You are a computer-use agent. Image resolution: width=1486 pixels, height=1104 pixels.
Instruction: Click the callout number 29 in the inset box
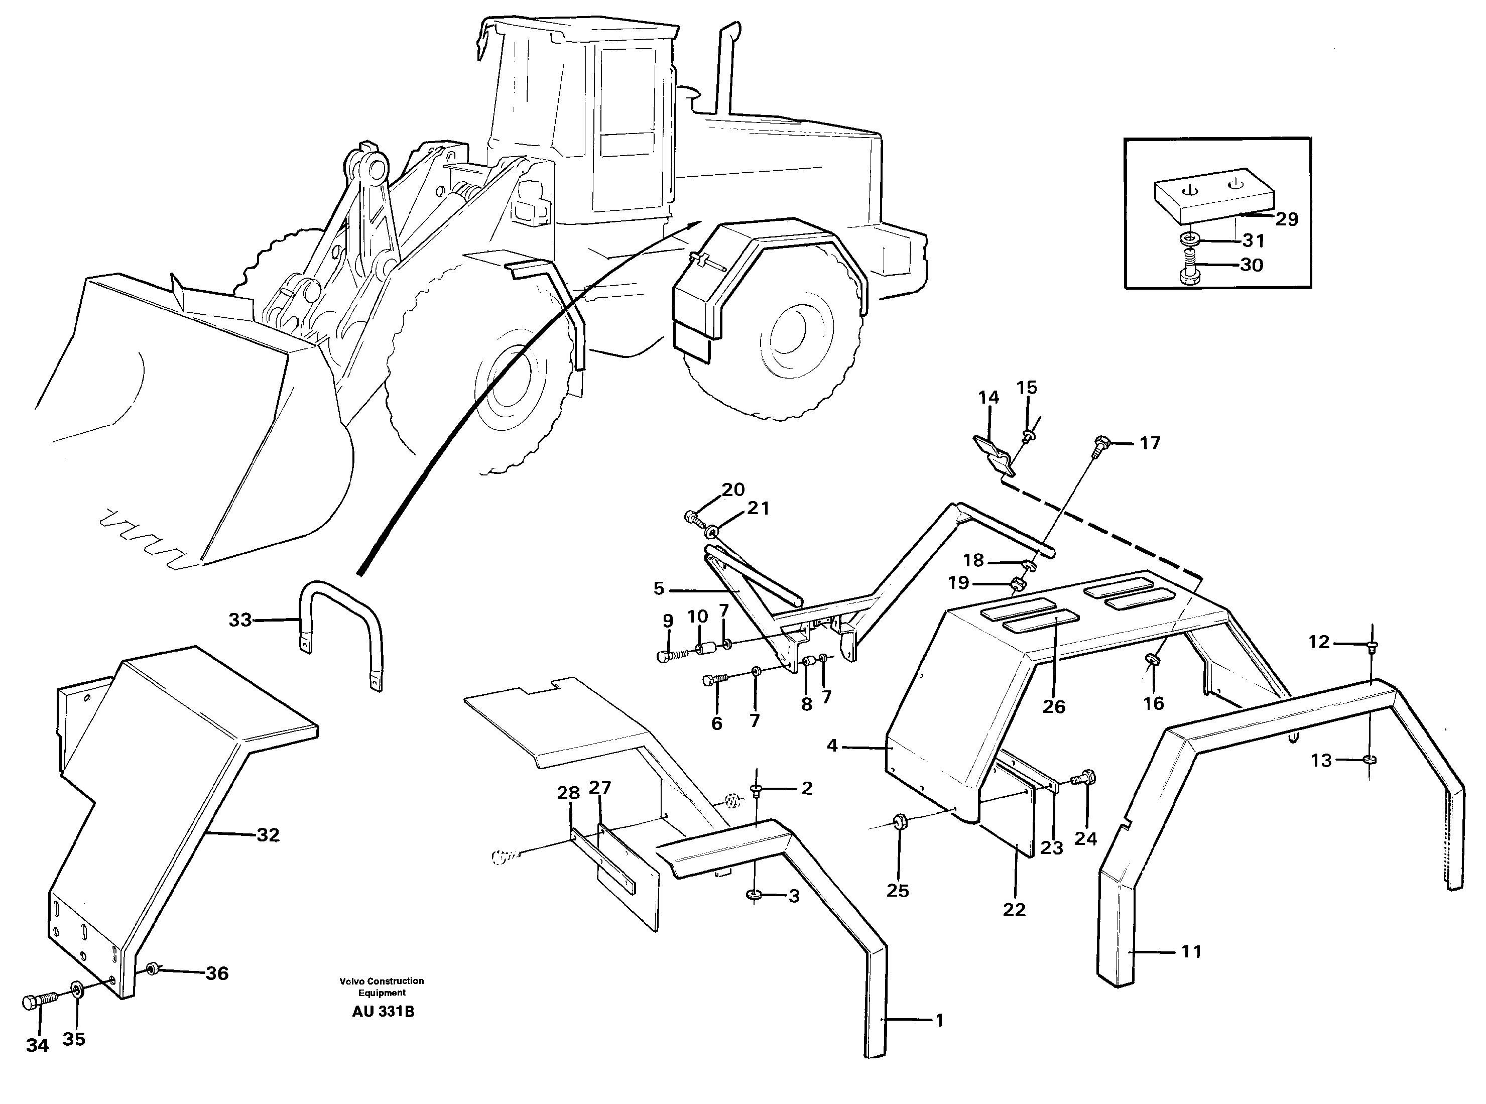(x=1286, y=219)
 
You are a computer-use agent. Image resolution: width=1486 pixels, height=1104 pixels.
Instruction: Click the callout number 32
(x=268, y=835)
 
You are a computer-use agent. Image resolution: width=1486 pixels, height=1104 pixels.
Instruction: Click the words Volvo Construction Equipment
(x=382, y=987)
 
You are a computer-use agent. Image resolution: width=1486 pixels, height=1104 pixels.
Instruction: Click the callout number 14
(x=988, y=398)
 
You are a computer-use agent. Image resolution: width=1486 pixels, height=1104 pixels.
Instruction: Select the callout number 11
(x=1191, y=952)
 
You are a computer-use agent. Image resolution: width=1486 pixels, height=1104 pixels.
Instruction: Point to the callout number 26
(x=1054, y=706)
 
